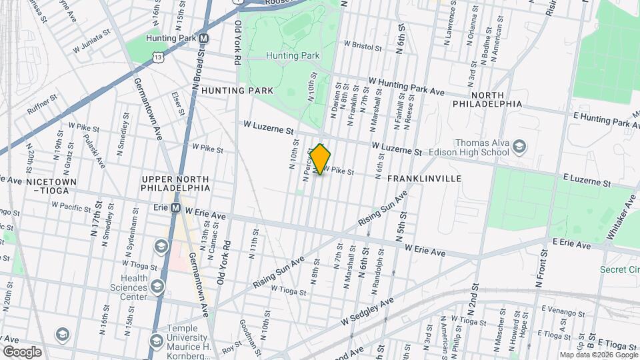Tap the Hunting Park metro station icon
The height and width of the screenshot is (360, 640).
pos(204,39)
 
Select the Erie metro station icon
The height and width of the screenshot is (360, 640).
pos(175,208)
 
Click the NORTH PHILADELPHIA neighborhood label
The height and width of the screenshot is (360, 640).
pos(487,99)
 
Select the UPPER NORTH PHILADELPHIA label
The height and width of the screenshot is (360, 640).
pos(175,183)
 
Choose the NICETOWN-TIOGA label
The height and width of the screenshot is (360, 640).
pos(41,185)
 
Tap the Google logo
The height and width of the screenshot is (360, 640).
pos(22,351)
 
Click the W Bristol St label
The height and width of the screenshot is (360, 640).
pos(363,48)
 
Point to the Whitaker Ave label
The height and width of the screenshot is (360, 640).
pos(621,215)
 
